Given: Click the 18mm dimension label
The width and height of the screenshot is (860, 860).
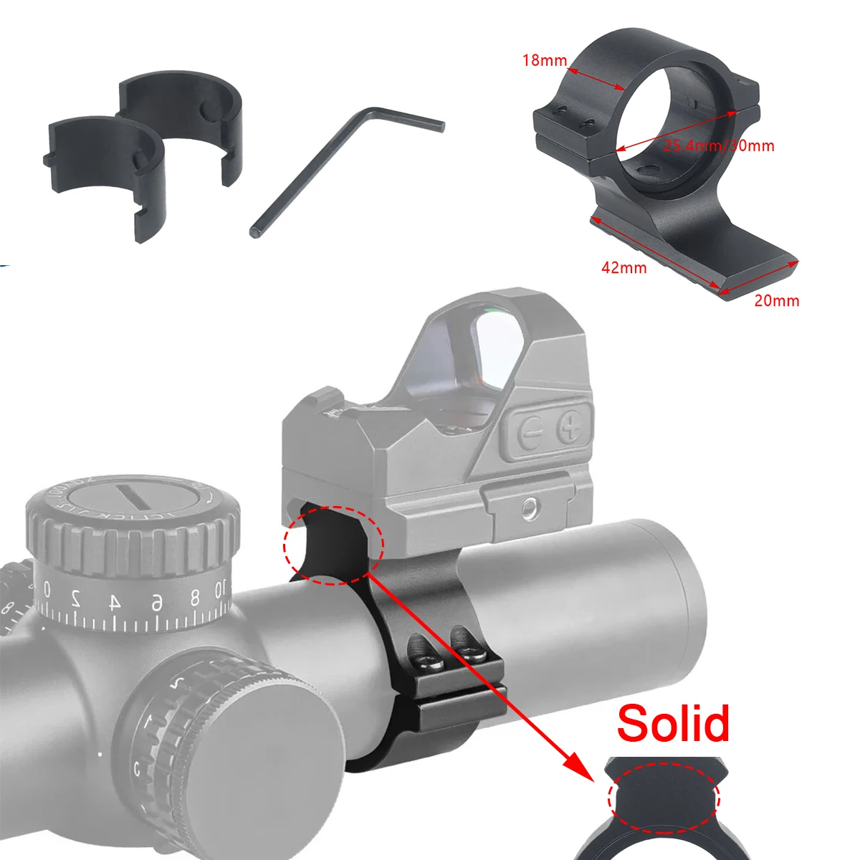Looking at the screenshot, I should click(x=545, y=60).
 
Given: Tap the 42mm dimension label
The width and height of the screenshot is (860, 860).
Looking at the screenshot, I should click(x=623, y=268).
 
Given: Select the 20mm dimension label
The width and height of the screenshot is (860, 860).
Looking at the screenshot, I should click(x=776, y=301).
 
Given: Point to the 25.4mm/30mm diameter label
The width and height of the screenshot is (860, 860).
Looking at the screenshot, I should click(x=719, y=146).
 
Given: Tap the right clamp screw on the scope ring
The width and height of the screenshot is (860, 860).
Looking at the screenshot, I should click(x=470, y=654).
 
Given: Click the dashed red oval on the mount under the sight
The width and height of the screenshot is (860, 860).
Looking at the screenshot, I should click(x=334, y=545).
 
